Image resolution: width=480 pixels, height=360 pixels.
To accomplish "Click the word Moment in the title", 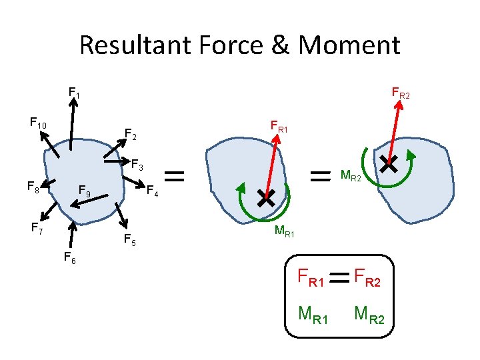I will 349,45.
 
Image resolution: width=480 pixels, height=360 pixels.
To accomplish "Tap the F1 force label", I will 74,93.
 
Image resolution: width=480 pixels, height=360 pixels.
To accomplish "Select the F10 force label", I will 38,123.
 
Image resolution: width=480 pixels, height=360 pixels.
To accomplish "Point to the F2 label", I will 131,136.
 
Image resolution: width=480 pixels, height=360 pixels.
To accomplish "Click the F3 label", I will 137,163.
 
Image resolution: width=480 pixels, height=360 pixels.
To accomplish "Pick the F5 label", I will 130,240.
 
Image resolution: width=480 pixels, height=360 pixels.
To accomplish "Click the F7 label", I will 37,229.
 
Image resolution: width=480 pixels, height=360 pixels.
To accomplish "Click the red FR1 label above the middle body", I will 279,125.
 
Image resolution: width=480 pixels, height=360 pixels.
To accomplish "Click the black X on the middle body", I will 266,197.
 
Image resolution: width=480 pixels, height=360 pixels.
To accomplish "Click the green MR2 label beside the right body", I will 351,177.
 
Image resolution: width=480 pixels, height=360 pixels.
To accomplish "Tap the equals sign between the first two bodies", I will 175,176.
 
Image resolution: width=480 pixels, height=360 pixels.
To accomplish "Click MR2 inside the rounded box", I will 369,313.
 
